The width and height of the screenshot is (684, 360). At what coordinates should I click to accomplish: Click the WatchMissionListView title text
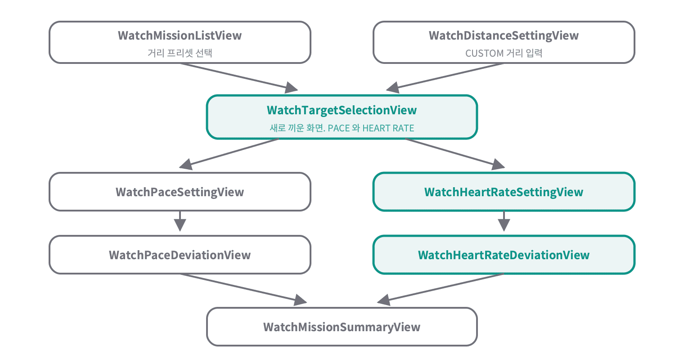click(180, 36)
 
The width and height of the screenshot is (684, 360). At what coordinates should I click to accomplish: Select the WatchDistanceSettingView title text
click(504, 36)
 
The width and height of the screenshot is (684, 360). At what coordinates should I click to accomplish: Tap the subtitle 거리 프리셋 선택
click(180, 53)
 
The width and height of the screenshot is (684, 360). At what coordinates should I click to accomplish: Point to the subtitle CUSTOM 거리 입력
click(504, 53)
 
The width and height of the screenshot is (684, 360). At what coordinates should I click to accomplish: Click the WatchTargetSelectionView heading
click(342, 111)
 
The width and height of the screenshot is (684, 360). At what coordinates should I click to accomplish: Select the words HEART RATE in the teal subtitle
click(388, 128)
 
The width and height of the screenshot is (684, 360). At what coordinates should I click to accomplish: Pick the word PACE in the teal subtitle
click(338, 128)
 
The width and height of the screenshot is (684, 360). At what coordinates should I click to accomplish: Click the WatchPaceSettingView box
click(180, 192)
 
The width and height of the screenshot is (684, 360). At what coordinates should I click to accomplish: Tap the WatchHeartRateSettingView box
click(504, 192)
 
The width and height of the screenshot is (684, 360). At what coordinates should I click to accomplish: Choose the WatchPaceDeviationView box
click(180, 255)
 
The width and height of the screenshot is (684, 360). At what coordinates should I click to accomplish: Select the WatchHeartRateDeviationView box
click(504, 255)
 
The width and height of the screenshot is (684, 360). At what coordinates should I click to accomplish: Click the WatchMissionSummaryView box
click(342, 327)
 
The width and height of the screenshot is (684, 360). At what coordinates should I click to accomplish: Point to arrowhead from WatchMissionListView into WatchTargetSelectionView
click(291, 88)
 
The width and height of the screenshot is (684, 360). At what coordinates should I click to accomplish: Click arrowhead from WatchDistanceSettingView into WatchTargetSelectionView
click(393, 88)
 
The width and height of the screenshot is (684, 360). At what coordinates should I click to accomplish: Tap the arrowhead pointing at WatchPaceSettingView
click(186, 164)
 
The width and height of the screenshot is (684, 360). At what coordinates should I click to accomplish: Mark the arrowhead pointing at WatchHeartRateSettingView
click(498, 164)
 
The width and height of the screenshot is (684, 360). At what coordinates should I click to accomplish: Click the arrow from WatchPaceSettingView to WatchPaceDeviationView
click(180, 221)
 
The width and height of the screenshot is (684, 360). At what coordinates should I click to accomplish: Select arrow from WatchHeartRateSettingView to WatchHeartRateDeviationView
click(504, 221)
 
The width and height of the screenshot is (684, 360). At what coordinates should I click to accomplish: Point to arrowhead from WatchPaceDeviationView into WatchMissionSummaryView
click(300, 300)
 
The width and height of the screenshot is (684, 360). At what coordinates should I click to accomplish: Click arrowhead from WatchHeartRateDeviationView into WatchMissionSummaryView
click(384, 300)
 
